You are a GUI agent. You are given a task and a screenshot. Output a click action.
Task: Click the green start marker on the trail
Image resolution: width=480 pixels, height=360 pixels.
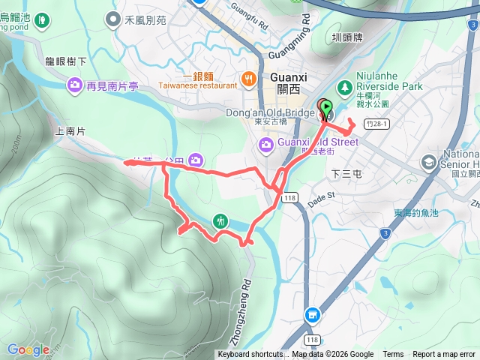tap(325, 110)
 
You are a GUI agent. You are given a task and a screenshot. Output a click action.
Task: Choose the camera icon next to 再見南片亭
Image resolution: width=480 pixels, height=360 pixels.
tap(75, 85)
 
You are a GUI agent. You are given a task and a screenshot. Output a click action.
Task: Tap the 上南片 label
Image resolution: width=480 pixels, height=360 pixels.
tap(70, 131)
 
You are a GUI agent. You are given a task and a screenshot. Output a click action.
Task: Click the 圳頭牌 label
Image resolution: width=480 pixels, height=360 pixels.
tap(347, 36)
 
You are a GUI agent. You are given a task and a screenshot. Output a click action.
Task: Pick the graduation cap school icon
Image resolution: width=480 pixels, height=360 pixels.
tap(428, 161)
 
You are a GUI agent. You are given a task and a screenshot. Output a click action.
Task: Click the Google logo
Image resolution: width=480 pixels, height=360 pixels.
tap(28, 349)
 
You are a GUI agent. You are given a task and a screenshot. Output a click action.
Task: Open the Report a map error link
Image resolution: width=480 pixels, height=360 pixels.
tap(444, 355)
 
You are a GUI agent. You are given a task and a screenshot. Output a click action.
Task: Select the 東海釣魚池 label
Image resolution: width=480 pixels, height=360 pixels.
tap(418, 213)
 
